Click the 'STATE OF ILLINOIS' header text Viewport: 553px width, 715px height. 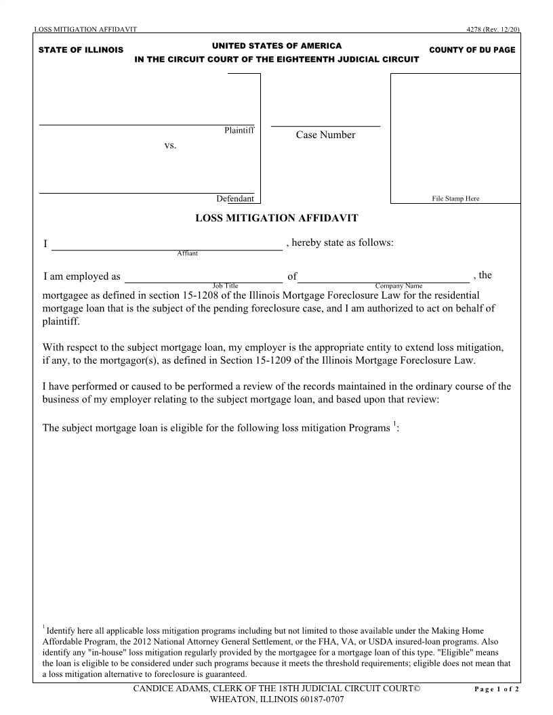pos(81,50)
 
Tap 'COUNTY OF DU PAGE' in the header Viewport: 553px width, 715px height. pos(472,50)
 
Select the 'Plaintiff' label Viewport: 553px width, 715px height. pos(239,130)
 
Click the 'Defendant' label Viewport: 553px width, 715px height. pos(235,198)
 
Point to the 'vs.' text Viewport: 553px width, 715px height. pos(170,145)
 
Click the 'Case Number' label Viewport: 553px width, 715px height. pos(325,135)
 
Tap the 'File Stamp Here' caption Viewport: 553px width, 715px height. pos(455,198)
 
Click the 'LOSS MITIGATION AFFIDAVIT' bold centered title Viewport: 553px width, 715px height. pos(276,218)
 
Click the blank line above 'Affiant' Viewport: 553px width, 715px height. pos(167,249)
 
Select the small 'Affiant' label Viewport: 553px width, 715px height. pos(188,253)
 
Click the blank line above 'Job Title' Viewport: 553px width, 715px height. pos(203,281)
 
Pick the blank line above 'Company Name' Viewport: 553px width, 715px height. pos(384,281)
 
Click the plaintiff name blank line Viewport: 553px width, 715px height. pos(146,124)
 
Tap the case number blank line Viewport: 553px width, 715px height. pos(325,126)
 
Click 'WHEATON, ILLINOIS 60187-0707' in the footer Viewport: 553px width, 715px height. pos(276,699)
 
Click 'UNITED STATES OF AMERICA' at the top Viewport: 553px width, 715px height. pos(276,45)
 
